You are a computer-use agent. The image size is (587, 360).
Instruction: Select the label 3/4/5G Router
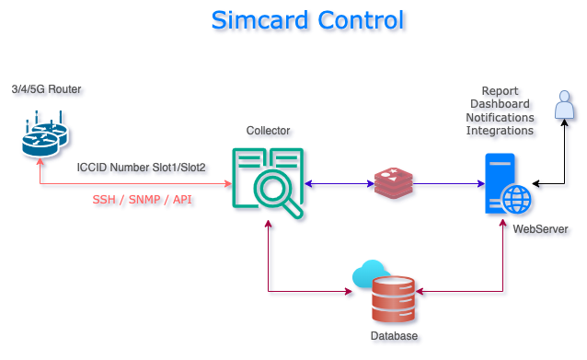tap(46, 89)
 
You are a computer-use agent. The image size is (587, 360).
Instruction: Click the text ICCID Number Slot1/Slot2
tap(142, 168)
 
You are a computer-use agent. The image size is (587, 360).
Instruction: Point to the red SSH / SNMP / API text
tap(143, 200)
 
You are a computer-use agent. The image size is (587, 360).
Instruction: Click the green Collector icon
tap(268, 183)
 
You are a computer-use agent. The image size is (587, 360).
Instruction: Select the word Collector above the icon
tap(269, 131)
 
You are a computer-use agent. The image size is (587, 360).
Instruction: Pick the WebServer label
tap(540, 228)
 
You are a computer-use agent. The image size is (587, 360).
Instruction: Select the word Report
tap(501, 91)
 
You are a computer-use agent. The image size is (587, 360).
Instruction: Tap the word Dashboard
tap(501, 105)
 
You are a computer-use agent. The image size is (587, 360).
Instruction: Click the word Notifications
tap(501, 118)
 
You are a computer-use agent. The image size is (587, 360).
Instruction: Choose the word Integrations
tap(501, 131)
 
